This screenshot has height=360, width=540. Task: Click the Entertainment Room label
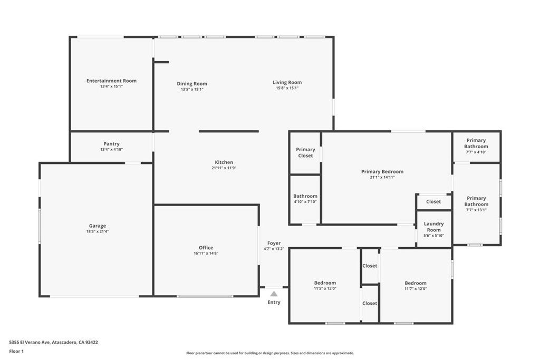click(111, 81)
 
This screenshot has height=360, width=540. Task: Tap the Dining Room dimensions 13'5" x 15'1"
click(192, 90)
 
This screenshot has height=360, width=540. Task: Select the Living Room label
click(287, 82)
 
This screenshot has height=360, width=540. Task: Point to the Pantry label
click(111, 144)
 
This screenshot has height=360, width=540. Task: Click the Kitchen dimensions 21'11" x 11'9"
click(224, 168)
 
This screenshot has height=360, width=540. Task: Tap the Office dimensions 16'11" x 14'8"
click(206, 254)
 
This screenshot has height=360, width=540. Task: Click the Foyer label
click(274, 243)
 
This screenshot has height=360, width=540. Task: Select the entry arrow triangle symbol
click(274, 294)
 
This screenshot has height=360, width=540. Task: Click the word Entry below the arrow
click(274, 303)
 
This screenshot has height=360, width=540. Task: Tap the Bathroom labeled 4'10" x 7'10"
click(305, 196)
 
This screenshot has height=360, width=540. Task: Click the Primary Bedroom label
click(382, 171)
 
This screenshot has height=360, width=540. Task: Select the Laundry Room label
click(433, 227)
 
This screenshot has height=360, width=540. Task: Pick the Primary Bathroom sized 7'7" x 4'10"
click(476, 143)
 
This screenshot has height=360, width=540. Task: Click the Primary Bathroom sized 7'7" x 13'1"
click(476, 201)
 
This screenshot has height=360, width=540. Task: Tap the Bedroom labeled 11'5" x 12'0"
click(325, 283)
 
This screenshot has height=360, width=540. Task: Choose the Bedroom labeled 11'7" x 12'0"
click(416, 283)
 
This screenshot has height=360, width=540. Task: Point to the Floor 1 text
click(16, 351)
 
